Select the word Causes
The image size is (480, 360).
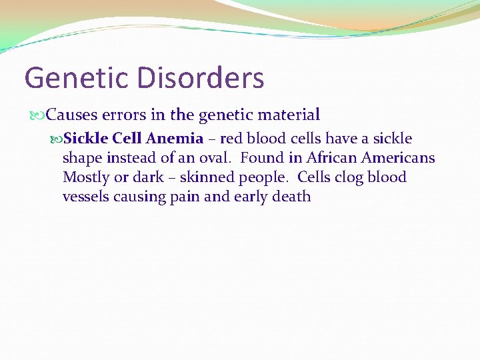click(x=71, y=115)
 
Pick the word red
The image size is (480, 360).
click(x=231, y=139)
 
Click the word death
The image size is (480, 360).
click(x=292, y=197)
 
